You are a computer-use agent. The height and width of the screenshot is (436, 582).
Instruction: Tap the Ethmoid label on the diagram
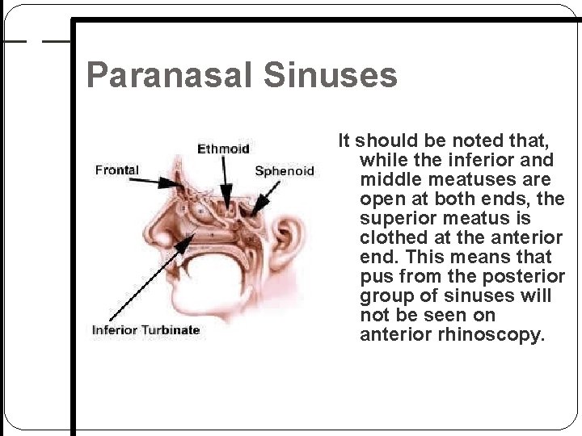pyautogui.click(x=224, y=149)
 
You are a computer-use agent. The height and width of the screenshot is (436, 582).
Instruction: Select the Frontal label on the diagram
pyautogui.click(x=117, y=170)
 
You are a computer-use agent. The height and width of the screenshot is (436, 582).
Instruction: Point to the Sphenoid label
pyautogui.click(x=284, y=171)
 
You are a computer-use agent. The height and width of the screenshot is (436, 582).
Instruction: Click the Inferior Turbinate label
pyautogui.click(x=145, y=329)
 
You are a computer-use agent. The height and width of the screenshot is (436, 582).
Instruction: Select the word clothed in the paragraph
pyautogui.click(x=393, y=237)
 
